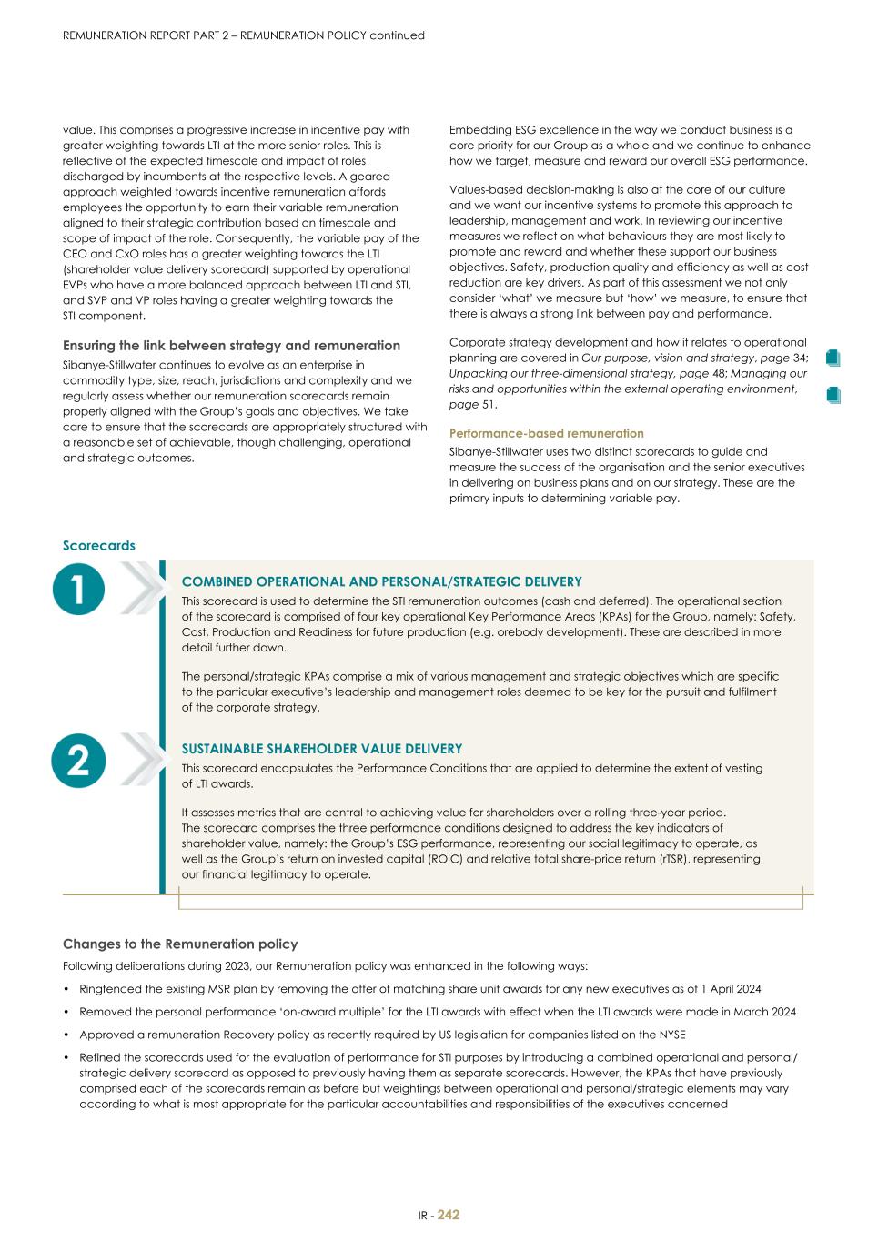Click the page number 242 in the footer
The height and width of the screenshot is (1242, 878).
pos(449,1215)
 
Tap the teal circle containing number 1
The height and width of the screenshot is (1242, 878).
pos(78,589)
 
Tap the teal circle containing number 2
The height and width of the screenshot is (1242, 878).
pos(78,761)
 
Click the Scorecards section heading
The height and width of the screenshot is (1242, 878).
pos(98,546)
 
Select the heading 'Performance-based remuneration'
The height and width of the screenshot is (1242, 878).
pos(546,434)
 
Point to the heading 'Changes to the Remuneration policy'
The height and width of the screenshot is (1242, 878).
pos(180,944)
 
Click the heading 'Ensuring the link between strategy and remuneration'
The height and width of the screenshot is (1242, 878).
pos(231,346)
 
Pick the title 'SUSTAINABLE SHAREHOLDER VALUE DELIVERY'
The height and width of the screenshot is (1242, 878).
pos(321,749)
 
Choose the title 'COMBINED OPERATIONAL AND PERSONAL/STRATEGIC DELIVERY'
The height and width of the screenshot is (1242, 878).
pos(381,582)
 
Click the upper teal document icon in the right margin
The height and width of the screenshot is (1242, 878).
pos(833,358)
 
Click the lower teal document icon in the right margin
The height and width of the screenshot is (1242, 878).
pos(833,395)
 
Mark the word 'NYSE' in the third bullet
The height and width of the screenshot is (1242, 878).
pos(671,1035)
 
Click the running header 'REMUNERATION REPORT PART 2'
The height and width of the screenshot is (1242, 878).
pos(149,35)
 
